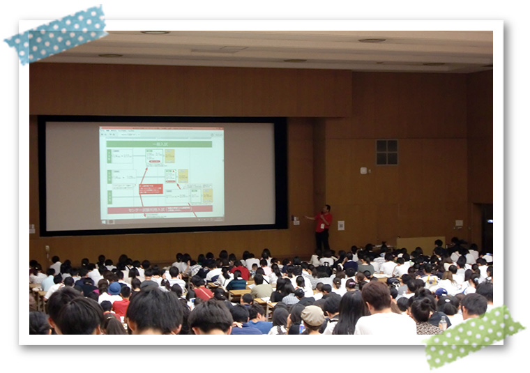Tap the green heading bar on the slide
[159, 144]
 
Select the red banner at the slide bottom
[159, 209]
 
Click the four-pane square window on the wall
[386, 151]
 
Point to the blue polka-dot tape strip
[56, 35]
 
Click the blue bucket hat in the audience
[114, 287]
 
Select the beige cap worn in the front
[313, 315]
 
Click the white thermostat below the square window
[363, 170]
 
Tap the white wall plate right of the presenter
[340, 225]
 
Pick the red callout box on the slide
[151, 188]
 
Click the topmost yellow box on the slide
[169, 155]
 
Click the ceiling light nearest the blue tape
[154, 32]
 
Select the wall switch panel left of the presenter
[296, 220]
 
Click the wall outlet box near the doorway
[458, 224]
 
